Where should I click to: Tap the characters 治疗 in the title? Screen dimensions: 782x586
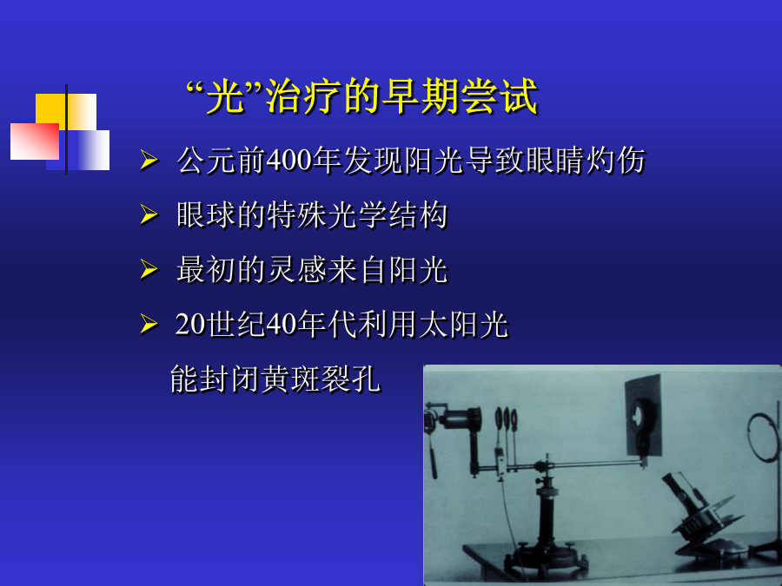click(304, 96)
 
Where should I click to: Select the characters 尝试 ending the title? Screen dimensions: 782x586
click(500, 96)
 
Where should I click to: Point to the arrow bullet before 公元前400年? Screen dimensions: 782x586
click(149, 161)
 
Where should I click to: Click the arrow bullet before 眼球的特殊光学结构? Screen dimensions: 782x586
click(149, 214)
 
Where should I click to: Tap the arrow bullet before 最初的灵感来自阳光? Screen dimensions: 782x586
click(149, 269)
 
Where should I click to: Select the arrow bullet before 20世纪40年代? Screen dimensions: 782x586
click(149, 324)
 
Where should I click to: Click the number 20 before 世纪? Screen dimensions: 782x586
click(190, 324)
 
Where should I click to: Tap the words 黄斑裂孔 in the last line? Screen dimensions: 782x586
click(321, 379)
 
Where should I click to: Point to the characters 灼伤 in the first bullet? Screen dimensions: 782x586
click(616, 161)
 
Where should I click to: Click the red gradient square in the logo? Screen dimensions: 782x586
click(35, 142)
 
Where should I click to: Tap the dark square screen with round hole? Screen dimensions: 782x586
click(643, 416)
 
